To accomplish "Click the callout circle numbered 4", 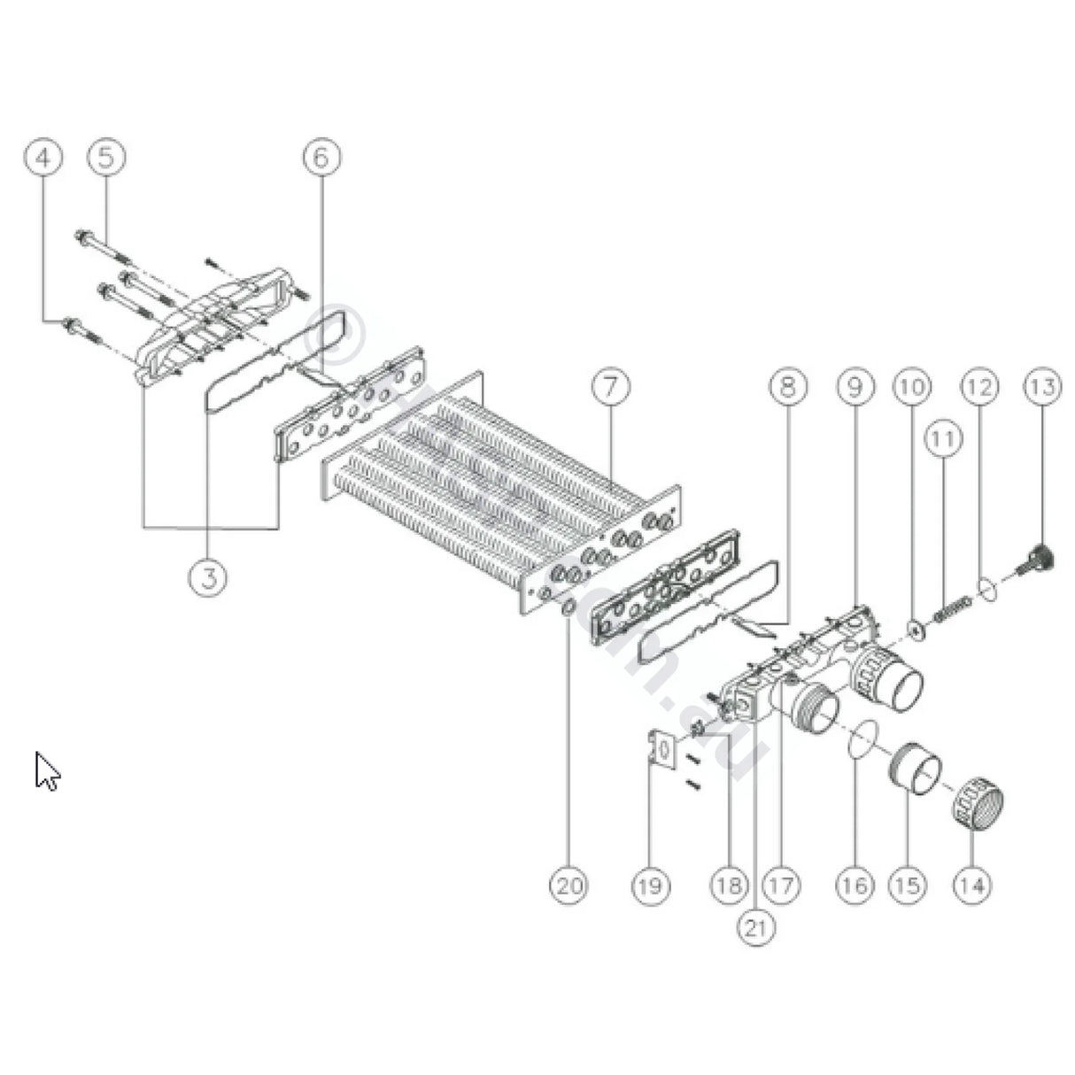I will coord(44,158).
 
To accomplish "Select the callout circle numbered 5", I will coord(106,158).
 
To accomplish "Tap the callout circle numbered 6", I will coord(321,158).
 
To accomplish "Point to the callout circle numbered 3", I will coord(208,577).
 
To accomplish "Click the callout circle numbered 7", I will coord(614,386).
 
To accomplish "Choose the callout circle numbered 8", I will coord(788,386).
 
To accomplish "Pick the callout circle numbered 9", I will coord(855,386).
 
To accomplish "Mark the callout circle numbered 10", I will coord(914,386).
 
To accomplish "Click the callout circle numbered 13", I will coord(1042,386).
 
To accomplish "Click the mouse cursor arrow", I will coord(46,770).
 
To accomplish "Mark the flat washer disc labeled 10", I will coord(913,630).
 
